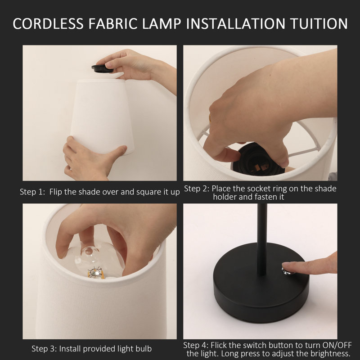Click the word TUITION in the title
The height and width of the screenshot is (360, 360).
(319, 24)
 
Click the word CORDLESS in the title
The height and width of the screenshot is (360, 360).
(48, 24)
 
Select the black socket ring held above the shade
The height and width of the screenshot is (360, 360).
(102, 68)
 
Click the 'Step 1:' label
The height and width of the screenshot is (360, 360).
(32, 192)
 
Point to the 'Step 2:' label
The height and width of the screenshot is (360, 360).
(197, 189)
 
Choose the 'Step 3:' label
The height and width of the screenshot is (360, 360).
(44, 349)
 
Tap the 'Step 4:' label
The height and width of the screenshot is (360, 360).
(196, 345)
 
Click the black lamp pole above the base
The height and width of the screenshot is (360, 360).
(262, 239)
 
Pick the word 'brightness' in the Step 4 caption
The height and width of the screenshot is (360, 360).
(330, 353)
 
